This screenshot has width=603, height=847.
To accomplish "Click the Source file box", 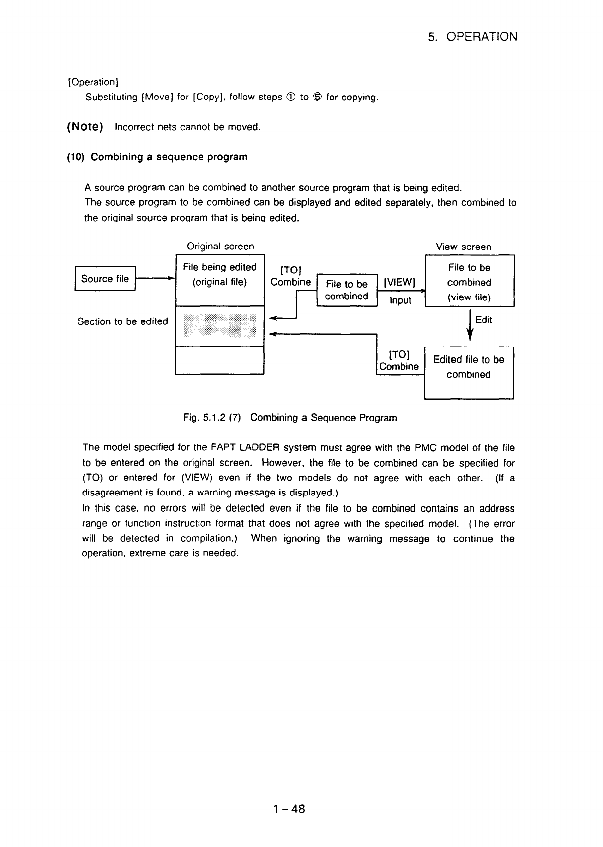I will [x=105, y=279].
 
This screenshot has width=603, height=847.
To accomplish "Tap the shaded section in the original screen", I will [x=220, y=326].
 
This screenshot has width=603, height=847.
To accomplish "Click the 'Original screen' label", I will [x=220, y=246].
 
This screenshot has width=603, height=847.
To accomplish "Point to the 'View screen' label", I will [x=464, y=247].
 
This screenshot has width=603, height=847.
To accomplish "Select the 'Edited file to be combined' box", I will [x=469, y=372].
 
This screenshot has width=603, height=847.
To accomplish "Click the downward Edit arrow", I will [x=469, y=325].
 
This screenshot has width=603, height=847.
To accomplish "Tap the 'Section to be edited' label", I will [x=122, y=322].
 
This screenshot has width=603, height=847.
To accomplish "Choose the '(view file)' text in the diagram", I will [x=469, y=297].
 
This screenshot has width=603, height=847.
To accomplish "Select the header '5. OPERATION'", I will [x=473, y=37].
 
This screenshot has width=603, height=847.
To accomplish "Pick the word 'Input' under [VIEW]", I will [x=400, y=300].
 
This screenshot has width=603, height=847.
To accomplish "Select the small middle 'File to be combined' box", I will [x=347, y=290].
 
